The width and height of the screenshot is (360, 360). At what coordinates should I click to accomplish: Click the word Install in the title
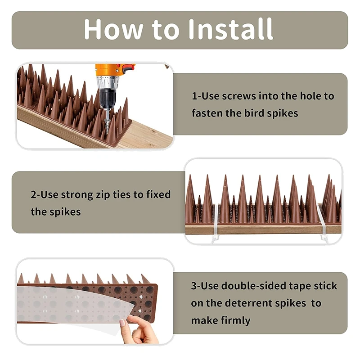231,29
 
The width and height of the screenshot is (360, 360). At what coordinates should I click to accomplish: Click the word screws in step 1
238,96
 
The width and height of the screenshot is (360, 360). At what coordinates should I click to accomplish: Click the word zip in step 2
103,195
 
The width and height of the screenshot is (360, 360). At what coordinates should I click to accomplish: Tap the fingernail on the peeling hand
122,323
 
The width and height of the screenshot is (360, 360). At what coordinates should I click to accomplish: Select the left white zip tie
216,221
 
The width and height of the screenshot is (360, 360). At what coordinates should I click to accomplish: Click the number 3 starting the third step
194,286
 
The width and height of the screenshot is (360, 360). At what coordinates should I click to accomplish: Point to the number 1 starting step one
194,96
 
